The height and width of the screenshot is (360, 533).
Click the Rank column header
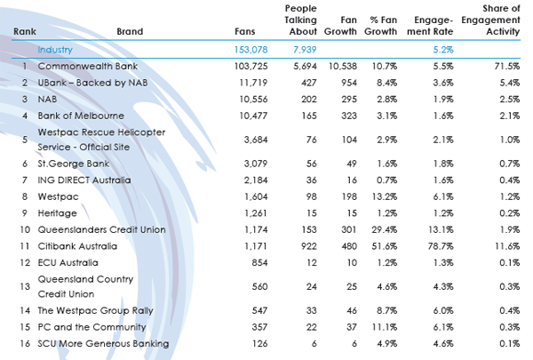pos(25,32)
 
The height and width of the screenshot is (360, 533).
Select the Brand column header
pos(130,32)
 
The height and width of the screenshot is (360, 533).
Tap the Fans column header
pos(245,32)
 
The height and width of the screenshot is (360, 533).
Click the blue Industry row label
pos(55,50)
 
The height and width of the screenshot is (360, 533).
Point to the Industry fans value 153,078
pos(251,50)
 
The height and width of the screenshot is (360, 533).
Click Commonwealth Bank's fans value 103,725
pos(251,66)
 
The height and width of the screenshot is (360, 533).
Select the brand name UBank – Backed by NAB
pos(92,83)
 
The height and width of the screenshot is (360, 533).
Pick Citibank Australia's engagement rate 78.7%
pos(441,246)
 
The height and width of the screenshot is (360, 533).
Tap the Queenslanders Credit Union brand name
pos(101,229)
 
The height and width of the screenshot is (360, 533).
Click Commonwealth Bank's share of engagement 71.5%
pos(507,66)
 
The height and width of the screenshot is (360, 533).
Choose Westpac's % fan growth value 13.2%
pos(384,196)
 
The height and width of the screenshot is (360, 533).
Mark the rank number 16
pos(25,344)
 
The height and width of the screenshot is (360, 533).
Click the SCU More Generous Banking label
pos(103,344)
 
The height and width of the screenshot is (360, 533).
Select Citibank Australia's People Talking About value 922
pos(308,246)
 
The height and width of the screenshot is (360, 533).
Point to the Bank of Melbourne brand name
pos(81,116)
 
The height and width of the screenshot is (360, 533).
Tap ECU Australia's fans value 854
pos(259,263)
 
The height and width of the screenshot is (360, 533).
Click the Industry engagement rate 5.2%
pos(443,50)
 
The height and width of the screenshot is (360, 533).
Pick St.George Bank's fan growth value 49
pos(352,164)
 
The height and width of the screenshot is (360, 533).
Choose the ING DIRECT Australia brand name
pos(84,180)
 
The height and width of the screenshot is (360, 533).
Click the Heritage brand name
pos(58,213)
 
